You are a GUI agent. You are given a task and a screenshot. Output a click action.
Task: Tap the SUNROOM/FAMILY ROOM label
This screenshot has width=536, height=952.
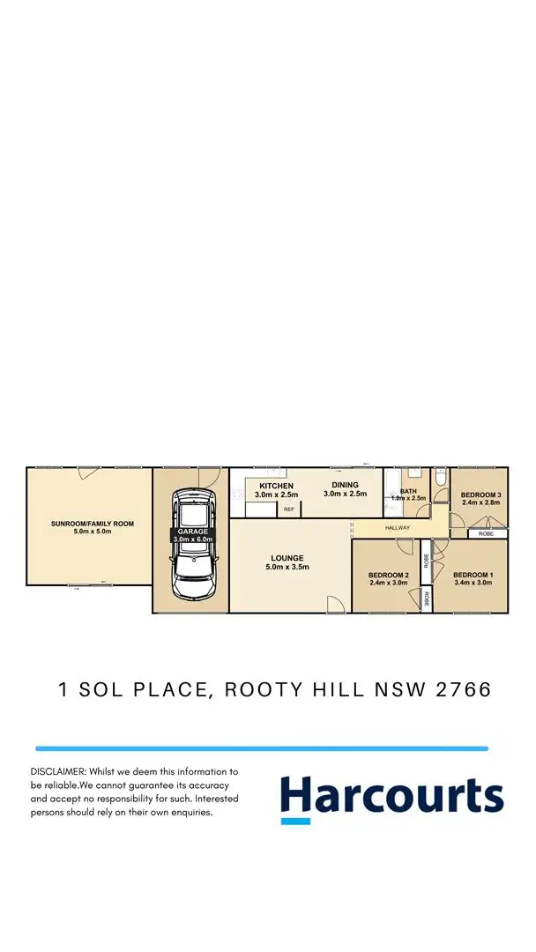coord(93,524)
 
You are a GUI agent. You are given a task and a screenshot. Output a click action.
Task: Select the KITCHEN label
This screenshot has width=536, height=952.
coord(276,486)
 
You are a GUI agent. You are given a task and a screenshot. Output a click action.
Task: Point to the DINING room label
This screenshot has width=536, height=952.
coord(345,485)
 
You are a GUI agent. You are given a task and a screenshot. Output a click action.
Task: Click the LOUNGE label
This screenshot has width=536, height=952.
coord(287,558)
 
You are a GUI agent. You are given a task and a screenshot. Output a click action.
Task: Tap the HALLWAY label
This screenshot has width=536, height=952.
coord(398,528)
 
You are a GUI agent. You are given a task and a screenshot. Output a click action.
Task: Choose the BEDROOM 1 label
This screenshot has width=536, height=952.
coord(473,575)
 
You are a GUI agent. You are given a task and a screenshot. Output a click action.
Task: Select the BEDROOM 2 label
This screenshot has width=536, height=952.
coord(389,575)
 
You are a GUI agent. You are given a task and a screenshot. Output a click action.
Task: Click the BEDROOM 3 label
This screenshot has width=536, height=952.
coord(480,495)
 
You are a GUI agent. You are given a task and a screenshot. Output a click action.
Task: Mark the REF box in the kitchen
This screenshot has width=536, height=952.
coord(288,509)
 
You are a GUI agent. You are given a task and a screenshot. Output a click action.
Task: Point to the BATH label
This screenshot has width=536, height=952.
coord(408,492)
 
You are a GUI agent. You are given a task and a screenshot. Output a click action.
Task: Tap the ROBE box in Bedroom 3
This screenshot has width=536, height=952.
coord(487,534)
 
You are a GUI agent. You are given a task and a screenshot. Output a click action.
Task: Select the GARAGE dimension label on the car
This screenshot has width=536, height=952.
coord(191,536)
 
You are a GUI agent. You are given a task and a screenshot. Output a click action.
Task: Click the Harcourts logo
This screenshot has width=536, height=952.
coord(391,799)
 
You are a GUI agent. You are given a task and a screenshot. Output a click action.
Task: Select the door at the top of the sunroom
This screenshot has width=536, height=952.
coord(87,472)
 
